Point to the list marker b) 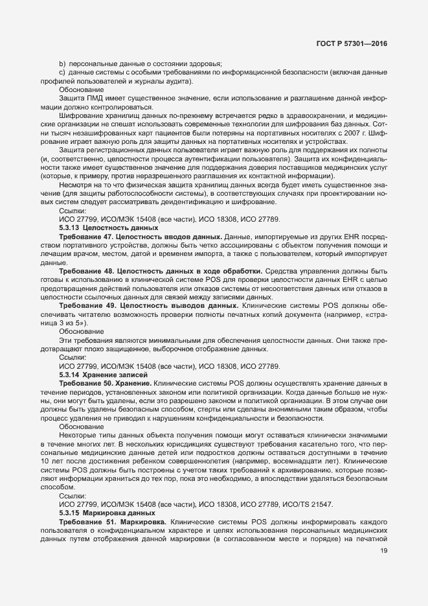coord(63,64)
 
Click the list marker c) coord(63,73)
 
